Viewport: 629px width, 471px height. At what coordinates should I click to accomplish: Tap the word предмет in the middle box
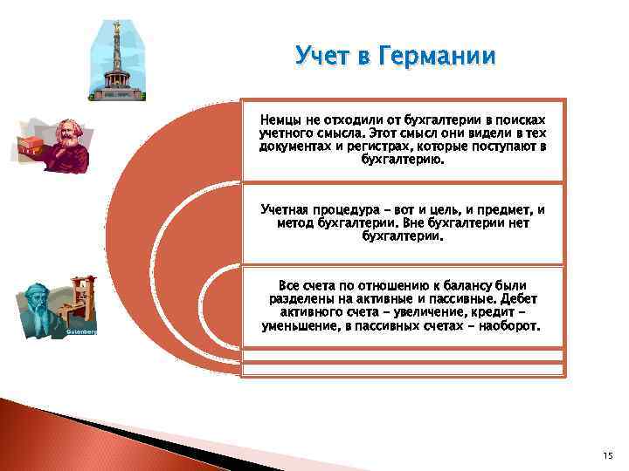pyautogui.click(x=511, y=210)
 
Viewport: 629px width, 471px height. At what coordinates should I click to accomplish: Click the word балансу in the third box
pyautogui.click(x=460, y=286)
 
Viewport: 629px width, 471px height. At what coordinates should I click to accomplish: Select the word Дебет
pyautogui.click(x=519, y=299)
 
